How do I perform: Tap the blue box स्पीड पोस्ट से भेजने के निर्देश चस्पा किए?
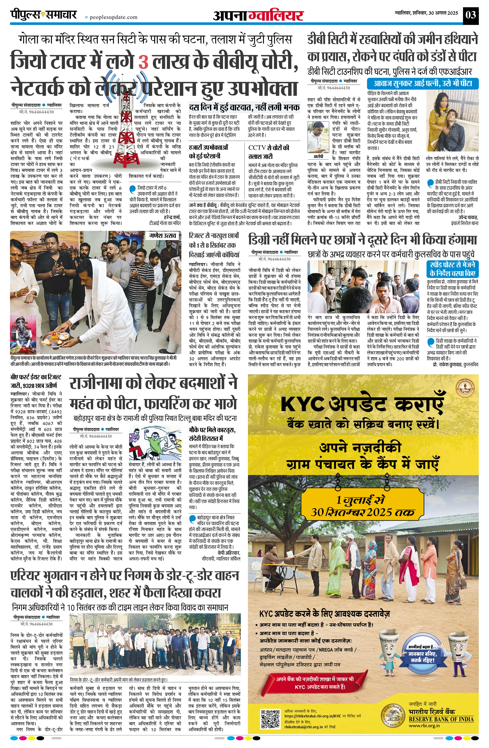pyautogui.click(x=452, y=269)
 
